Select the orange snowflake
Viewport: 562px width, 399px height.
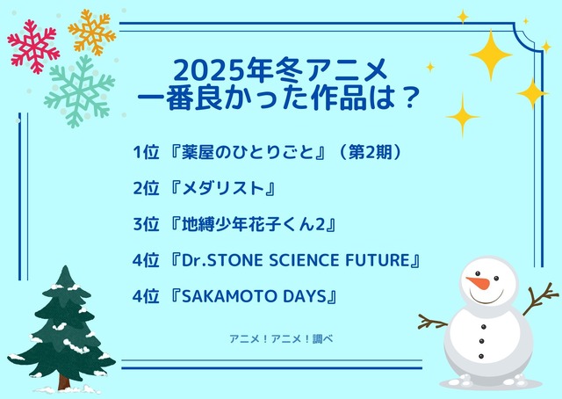point(92,32)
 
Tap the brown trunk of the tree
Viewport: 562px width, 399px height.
point(64,379)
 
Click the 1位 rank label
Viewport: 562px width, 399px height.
point(146,153)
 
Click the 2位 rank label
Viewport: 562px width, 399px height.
point(146,188)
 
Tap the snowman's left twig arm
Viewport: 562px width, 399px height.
point(432,321)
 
